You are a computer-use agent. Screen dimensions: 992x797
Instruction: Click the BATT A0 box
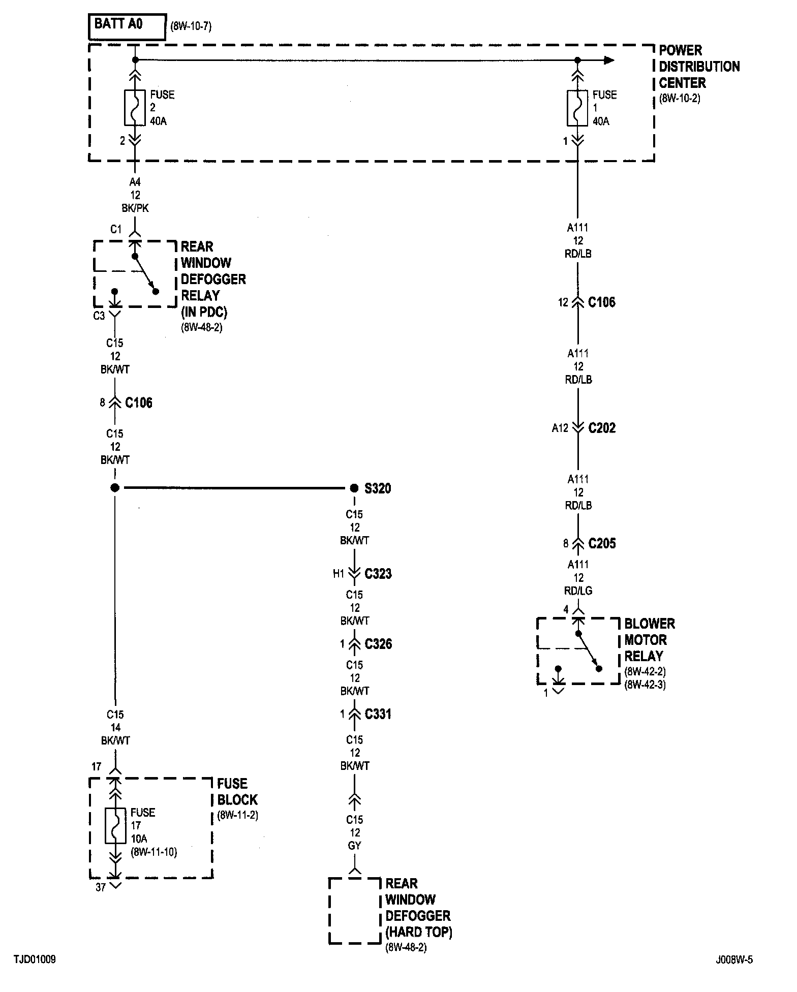coord(127,26)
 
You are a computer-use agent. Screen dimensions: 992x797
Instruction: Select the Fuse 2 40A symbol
coord(135,108)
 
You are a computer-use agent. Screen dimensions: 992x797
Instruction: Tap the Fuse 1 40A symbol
coord(577,108)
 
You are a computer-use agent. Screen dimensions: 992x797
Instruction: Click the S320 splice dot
coord(354,488)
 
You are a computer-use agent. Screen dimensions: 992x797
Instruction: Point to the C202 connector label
coord(602,428)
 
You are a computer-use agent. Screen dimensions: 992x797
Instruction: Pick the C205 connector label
coord(602,544)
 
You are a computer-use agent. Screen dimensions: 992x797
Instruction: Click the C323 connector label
coord(378,574)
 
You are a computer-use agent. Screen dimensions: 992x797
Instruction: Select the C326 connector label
coord(378,644)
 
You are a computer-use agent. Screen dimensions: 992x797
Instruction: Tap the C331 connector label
coord(378,715)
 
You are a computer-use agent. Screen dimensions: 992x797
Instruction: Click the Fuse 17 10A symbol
coord(115,825)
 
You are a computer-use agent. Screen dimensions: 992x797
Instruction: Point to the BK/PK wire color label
coord(135,208)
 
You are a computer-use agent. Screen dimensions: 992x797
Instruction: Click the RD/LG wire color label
coord(579,591)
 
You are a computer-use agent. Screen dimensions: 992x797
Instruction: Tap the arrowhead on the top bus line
coord(609,60)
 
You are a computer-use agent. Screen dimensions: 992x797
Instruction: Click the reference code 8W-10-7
coord(191,26)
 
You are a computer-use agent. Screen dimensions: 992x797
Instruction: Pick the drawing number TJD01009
coord(35,960)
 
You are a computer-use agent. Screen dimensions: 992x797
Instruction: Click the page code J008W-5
coord(734,960)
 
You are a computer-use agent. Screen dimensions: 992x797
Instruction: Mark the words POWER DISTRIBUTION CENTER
coord(699,67)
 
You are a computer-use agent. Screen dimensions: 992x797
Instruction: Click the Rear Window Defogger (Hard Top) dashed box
coord(355,910)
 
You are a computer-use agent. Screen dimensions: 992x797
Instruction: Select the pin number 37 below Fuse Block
coord(101,887)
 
